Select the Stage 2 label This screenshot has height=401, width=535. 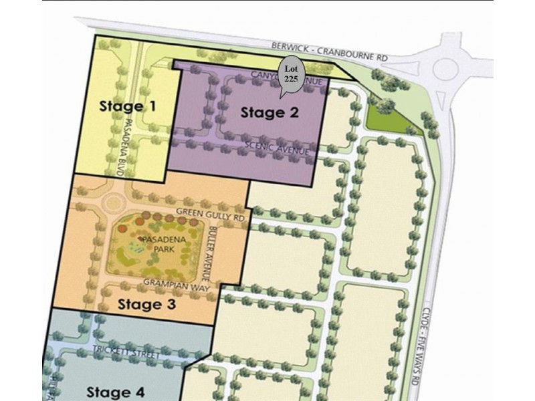point(270,112)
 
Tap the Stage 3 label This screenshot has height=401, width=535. point(146,305)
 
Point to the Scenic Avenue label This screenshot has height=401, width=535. point(277,148)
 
